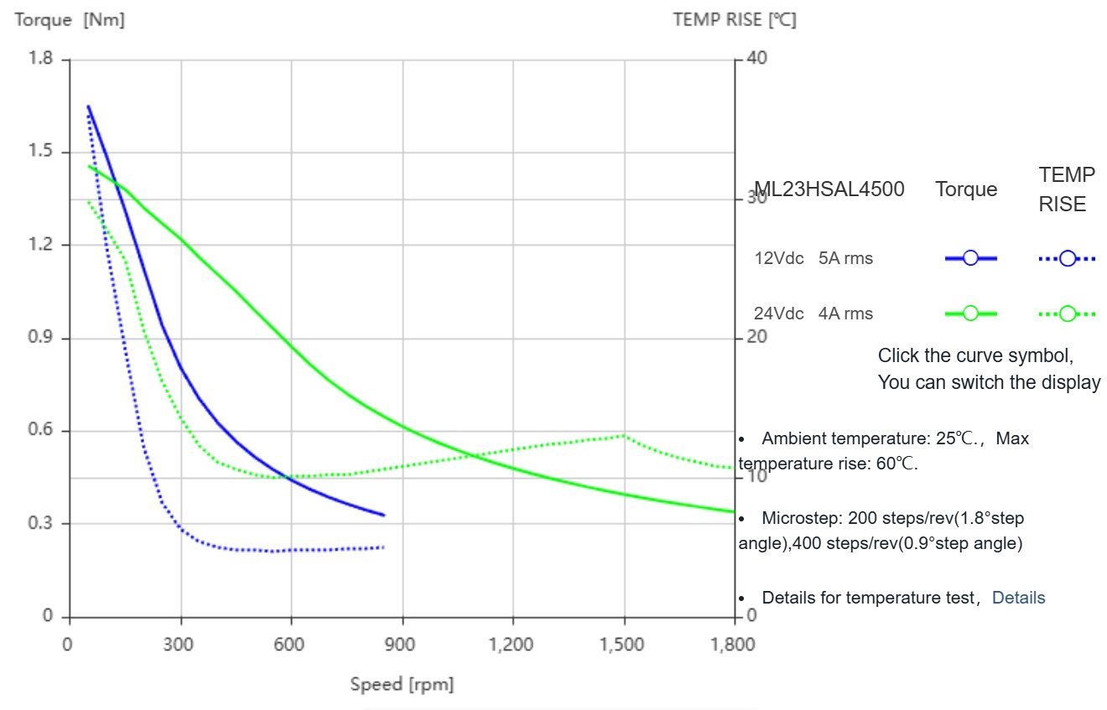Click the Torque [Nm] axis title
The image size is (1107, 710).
70,20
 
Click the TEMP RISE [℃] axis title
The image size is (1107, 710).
735,20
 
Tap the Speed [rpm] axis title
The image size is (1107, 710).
402,684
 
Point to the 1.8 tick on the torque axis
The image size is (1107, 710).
40,59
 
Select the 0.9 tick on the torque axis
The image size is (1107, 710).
40,338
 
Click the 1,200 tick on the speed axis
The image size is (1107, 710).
512,644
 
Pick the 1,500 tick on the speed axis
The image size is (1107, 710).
623,644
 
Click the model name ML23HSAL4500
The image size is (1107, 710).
829,189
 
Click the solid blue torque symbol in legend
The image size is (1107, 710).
970,258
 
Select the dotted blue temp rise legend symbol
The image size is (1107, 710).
1067,258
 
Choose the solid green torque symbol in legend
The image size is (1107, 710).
970,314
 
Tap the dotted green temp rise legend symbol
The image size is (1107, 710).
1067,314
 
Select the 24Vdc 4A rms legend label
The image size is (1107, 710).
813,314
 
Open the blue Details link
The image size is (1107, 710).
1018,598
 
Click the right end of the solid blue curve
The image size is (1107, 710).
383,515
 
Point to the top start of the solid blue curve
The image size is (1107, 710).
88,106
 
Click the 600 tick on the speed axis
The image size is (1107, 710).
291,644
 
